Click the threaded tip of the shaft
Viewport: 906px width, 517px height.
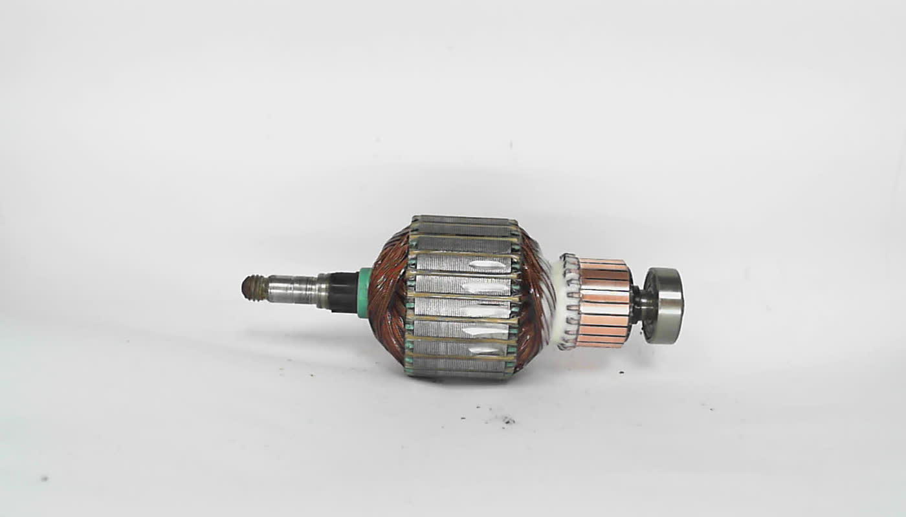[x=254, y=288]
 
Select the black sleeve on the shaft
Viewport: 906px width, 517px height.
[x=343, y=292]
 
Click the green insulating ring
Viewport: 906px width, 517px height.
[x=364, y=293]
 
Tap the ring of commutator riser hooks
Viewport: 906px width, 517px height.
[x=569, y=301]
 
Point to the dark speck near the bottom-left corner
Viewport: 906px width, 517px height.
[x=44, y=479]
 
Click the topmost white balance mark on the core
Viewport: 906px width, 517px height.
[x=487, y=264]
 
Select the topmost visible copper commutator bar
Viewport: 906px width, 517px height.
[x=603, y=262]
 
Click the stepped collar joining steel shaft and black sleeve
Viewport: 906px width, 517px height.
[x=322, y=291]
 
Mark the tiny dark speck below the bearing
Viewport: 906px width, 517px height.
[x=711, y=409]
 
